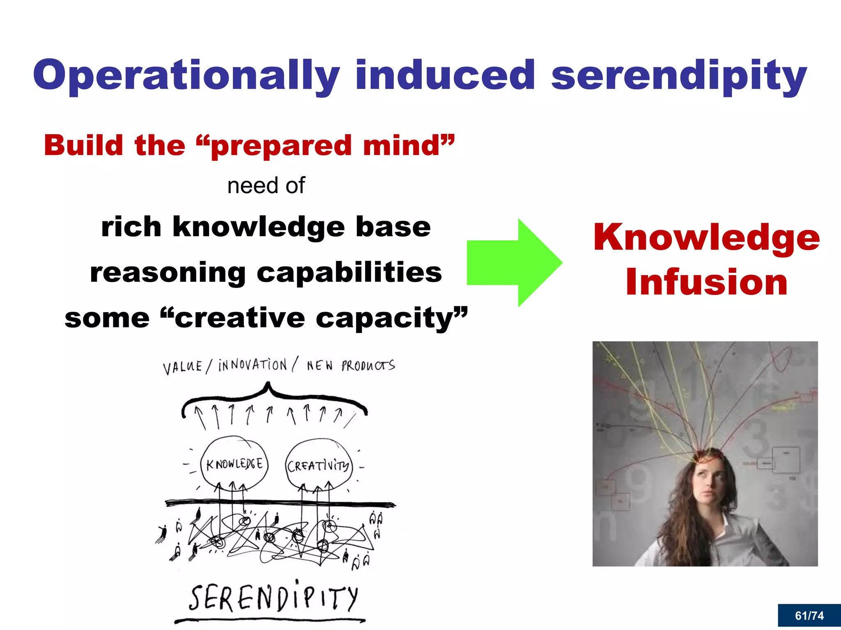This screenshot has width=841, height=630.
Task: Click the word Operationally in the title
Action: [x=186, y=76]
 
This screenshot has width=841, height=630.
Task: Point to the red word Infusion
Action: [x=706, y=282]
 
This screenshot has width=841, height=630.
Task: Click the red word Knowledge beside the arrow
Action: [x=706, y=238]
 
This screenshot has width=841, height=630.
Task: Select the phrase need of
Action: [x=266, y=186]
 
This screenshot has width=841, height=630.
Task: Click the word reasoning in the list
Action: [x=168, y=273]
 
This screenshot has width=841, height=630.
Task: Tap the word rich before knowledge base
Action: [x=131, y=227]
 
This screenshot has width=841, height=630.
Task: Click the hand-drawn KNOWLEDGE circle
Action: [x=234, y=464]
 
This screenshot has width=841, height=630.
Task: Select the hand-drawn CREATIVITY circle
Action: [x=318, y=466]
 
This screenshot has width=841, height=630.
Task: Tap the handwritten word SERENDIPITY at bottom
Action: [x=273, y=598]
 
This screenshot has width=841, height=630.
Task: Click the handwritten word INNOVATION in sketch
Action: [x=253, y=365]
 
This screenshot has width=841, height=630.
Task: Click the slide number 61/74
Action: [x=809, y=616]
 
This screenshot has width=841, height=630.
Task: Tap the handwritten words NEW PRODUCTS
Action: [x=351, y=365]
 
